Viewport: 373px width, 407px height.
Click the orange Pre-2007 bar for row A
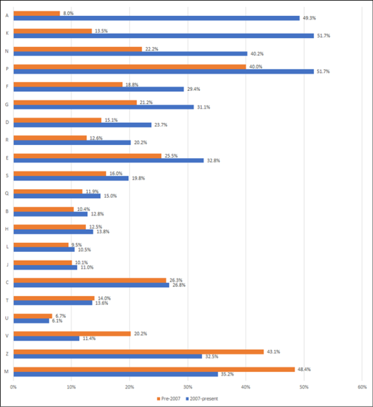[x=36, y=13]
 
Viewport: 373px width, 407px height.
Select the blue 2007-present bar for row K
[x=163, y=36]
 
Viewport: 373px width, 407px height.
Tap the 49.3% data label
[x=309, y=18]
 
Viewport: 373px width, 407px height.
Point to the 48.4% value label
[x=304, y=369]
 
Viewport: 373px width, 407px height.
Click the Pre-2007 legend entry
[x=169, y=399]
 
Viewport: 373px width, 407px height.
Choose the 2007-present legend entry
[x=203, y=399]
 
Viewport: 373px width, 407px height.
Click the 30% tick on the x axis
[x=187, y=387]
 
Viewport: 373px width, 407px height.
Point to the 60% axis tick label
[x=362, y=387]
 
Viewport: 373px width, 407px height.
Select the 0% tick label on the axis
[x=13, y=387]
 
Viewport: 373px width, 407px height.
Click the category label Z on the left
[x=7, y=354]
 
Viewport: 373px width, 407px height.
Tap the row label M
[x=7, y=371]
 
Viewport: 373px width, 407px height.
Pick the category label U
[x=7, y=318]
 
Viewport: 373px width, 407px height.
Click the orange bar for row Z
[x=138, y=352]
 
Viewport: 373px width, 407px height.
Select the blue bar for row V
[x=46, y=339]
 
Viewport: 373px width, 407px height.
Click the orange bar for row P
[x=129, y=67]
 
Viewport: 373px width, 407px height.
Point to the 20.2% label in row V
[x=139, y=334]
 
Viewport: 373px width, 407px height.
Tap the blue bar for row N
[x=129, y=54]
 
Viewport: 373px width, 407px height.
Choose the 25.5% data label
[x=170, y=155]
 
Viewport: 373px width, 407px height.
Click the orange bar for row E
[x=87, y=155]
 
